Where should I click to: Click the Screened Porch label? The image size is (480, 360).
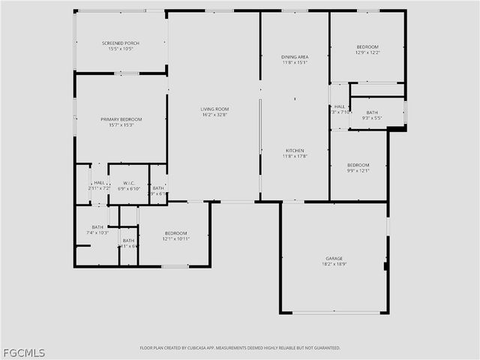[x=121, y=43]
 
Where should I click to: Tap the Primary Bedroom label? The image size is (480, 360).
[x=121, y=119]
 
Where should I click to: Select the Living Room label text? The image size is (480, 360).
[x=214, y=109]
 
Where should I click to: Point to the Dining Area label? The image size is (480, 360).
[x=295, y=57]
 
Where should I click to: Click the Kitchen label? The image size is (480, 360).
[x=295, y=150]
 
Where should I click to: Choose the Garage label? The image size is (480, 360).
[x=334, y=258]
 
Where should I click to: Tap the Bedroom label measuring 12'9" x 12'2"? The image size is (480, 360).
[x=367, y=46]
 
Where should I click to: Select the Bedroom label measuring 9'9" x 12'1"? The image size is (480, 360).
[x=358, y=165]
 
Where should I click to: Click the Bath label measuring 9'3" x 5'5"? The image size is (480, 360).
[x=372, y=112]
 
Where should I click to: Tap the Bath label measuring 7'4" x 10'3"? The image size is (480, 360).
[x=97, y=227]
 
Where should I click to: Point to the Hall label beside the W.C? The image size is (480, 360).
[x=99, y=181]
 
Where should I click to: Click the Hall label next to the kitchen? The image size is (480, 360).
[x=340, y=106]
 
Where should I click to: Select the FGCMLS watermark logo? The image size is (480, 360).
[x=23, y=352]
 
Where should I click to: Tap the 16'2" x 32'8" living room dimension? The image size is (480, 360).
[x=214, y=115]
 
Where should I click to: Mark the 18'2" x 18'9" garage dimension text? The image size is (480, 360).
[x=334, y=264]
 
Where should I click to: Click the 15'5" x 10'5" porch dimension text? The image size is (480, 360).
[x=121, y=49]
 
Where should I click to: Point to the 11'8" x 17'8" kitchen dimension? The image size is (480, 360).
[x=295, y=156]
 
